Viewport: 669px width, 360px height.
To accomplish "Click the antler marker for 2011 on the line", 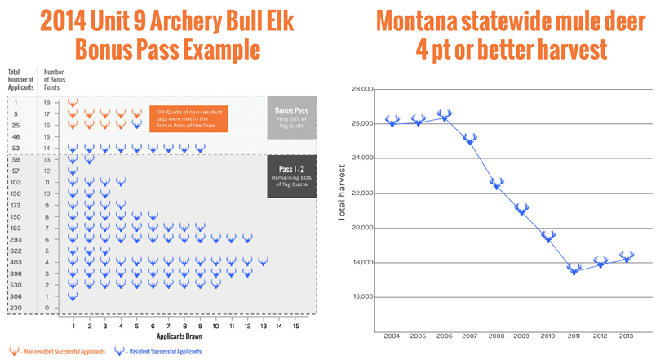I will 574,269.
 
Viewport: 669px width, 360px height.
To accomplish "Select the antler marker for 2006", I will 445,116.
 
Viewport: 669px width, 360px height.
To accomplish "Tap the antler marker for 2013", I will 627,257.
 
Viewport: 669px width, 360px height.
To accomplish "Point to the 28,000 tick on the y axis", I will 361,89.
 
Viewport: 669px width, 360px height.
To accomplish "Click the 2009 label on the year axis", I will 522,336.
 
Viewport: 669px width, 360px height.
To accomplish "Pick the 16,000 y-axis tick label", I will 361,297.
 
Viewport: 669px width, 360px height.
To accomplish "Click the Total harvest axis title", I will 342,193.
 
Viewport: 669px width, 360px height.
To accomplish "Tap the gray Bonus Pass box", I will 291,117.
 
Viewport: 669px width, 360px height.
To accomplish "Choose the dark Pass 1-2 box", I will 291,176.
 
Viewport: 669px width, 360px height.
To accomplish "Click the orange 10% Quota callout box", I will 189,119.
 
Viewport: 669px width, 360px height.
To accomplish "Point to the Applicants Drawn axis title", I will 179,336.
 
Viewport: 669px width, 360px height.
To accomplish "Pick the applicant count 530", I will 16,286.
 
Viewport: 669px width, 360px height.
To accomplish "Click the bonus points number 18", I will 47,103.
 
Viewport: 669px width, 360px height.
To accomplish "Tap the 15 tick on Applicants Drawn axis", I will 295,327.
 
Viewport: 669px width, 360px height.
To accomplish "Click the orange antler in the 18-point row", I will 73,103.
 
